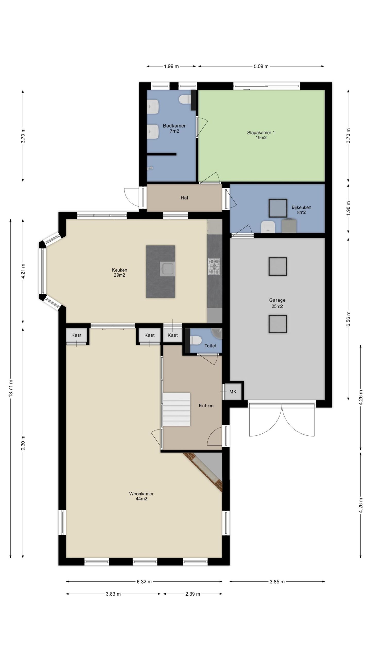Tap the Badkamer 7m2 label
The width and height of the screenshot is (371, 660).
tap(174, 128)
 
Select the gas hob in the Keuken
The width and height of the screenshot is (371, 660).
tap(214, 266)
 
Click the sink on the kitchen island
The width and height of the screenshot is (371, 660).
tap(167, 269)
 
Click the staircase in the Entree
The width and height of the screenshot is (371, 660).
tap(176, 409)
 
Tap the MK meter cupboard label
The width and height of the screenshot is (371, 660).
tap(233, 392)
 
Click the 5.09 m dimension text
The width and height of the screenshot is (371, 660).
tap(261, 66)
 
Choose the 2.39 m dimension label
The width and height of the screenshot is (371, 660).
tap(193, 594)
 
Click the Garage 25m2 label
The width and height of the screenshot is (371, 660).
tap(277, 303)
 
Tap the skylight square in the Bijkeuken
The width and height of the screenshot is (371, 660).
tap(278, 208)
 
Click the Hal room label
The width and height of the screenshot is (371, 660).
tap(184, 198)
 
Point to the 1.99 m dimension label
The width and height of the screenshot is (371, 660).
tap(171, 66)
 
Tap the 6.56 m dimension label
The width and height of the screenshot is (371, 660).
tap(348, 319)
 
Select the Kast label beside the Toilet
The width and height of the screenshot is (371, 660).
tap(173, 335)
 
